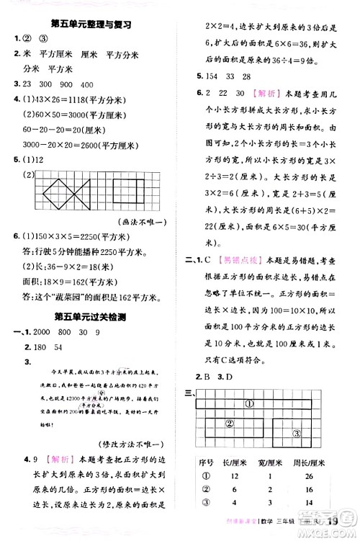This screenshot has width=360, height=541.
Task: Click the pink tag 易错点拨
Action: pyautogui.click(x=242, y=259)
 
